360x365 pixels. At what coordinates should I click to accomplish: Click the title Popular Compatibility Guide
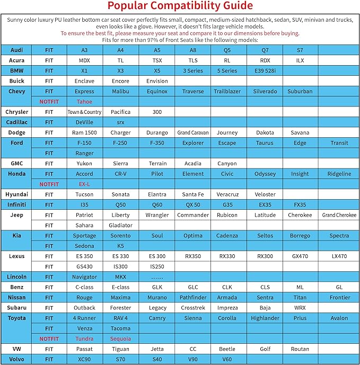coord(180,6)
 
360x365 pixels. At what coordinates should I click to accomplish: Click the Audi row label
coord(16,50)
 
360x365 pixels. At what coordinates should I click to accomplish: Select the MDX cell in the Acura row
coord(84,60)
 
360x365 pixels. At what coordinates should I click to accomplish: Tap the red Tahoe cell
coord(84,102)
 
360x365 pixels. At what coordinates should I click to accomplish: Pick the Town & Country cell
coord(84,112)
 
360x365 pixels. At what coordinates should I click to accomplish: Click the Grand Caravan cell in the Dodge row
coord(193,133)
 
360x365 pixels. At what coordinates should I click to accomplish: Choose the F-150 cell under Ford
coord(84,143)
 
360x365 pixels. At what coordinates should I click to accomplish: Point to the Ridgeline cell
coord(339,174)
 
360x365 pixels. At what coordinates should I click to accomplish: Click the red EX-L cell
coord(84,184)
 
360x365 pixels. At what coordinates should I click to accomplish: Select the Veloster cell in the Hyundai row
coord(265,194)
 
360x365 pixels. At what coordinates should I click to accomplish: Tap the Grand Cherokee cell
coord(339,215)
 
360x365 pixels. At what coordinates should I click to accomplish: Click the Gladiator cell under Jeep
coord(120,225)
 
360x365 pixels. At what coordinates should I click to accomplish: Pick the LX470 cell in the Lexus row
coord(339,256)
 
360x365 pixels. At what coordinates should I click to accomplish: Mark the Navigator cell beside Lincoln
coord(84,277)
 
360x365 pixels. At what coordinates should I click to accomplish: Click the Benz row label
coord(16,287)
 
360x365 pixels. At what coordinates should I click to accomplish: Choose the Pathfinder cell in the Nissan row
coord(193,298)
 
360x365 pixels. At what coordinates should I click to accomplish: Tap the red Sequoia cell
coord(120,339)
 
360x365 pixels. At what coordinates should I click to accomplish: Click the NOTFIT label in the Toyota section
coord(49,339)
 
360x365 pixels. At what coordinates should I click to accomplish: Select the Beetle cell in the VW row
coord(227,349)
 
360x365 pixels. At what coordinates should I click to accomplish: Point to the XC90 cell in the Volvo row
coord(84,360)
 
